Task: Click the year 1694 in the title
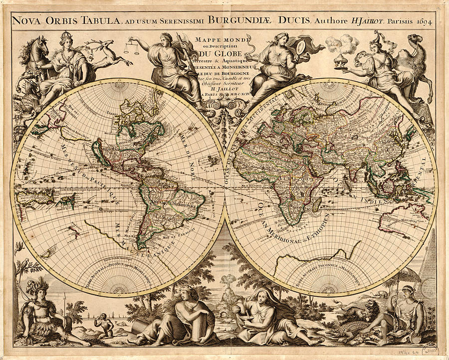coord(424,21)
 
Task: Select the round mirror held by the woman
coord(302,48)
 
